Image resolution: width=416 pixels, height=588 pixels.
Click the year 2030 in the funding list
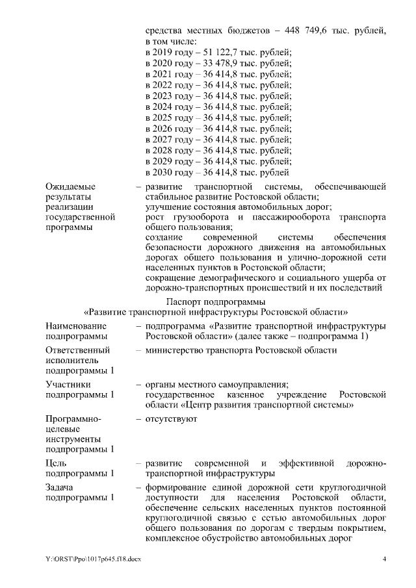click(167, 172)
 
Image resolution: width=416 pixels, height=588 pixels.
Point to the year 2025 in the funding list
click(167, 118)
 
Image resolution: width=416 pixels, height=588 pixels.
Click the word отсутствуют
click(172, 418)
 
